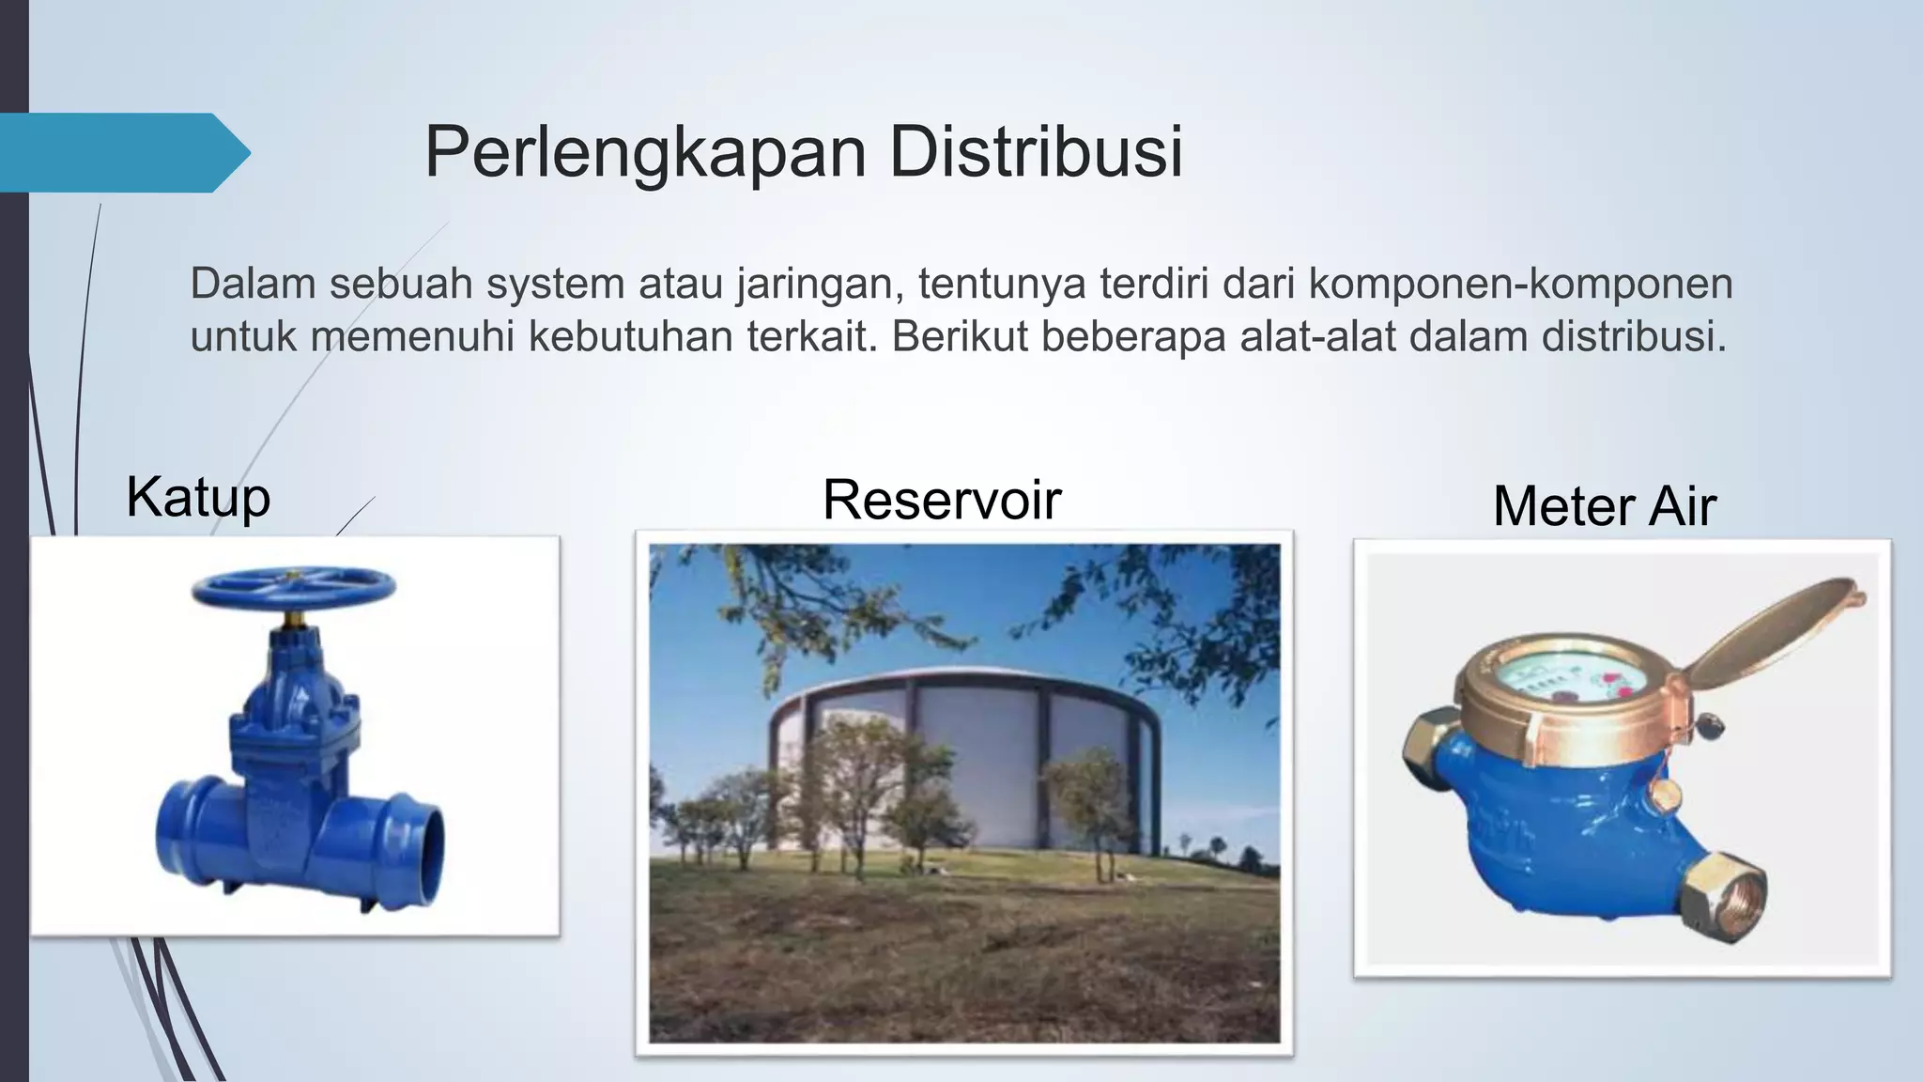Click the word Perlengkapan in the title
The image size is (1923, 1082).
pyautogui.click(x=644, y=152)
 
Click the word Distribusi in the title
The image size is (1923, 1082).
pyautogui.click(x=1035, y=152)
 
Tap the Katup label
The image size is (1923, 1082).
pyautogui.click(x=198, y=497)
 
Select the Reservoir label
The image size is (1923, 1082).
pyautogui.click(x=942, y=500)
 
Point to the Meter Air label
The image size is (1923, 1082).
pyautogui.click(x=1604, y=506)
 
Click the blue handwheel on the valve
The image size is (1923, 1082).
pyautogui.click(x=293, y=588)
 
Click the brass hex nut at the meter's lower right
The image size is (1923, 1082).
pyautogui.click(x=1721, y=897)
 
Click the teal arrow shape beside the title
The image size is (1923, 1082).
pyautogui.click(x=122, y=152)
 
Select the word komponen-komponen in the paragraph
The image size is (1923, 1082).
pyautogui.click(x=1520, y=284)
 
